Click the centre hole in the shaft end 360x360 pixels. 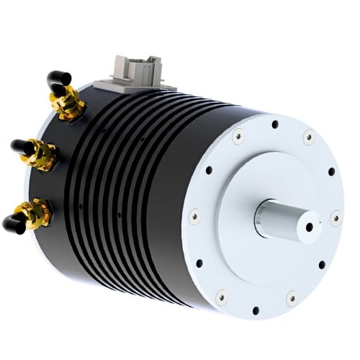click(x=310, y=225)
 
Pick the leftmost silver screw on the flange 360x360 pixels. click(x=193, y=214)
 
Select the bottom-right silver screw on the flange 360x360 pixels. click(x=292, y=297)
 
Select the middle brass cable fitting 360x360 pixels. click(x=45, y=152)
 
